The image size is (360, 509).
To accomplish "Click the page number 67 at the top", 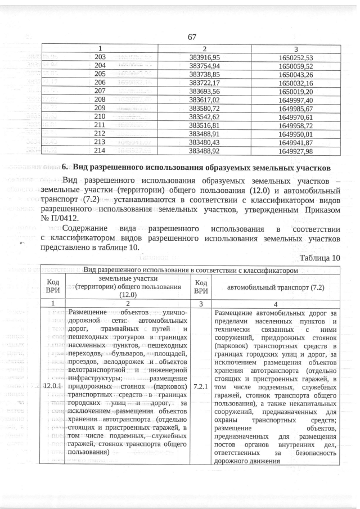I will (191, 37).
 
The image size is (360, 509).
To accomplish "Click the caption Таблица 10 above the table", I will (320, 258).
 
